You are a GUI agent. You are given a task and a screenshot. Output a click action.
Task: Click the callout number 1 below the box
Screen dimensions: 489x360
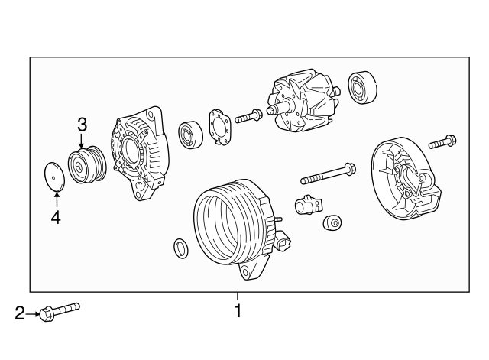(x=238, y=310)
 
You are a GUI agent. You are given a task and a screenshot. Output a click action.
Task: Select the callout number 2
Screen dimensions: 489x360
(x=20, y=313)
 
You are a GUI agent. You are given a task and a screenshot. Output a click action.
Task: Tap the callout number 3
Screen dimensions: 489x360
(x=82, y=125)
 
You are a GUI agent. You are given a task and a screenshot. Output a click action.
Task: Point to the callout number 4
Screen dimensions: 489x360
(x=56, y=217)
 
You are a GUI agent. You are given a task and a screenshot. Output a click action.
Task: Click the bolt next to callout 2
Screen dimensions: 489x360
(x=60, y=312)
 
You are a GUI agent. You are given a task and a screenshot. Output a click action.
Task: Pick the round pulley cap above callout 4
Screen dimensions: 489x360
(x=54, y=177)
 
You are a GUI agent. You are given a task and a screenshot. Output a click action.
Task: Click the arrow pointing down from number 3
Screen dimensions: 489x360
(x=82, y=141)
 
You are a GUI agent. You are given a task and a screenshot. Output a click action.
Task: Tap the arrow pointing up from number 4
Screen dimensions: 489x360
(x=57, y=200)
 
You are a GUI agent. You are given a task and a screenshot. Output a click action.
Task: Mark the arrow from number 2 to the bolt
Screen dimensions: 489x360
(x=32, y=314)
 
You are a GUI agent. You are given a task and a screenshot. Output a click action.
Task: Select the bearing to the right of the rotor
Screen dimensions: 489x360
(x=362, y=88)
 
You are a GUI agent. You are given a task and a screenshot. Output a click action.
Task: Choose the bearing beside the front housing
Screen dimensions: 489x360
(x=190, y=135)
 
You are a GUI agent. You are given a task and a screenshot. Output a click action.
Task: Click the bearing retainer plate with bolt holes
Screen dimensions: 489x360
(x=220, y=127)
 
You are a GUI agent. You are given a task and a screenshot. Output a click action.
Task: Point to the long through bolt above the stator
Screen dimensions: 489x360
(x=328, y=174)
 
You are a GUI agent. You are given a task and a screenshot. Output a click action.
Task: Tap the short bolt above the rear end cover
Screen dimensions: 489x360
(x=443, y=141)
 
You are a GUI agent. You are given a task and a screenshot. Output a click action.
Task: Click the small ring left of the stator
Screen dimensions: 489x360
(x=181, y=248)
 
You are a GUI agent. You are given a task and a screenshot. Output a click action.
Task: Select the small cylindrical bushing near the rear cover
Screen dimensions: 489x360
(x=332, y=222)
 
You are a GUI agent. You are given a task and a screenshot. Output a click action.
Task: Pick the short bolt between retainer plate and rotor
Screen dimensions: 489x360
(x=248, y=116)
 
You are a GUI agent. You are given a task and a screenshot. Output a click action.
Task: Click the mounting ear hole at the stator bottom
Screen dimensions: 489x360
(x=246, y=271)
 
